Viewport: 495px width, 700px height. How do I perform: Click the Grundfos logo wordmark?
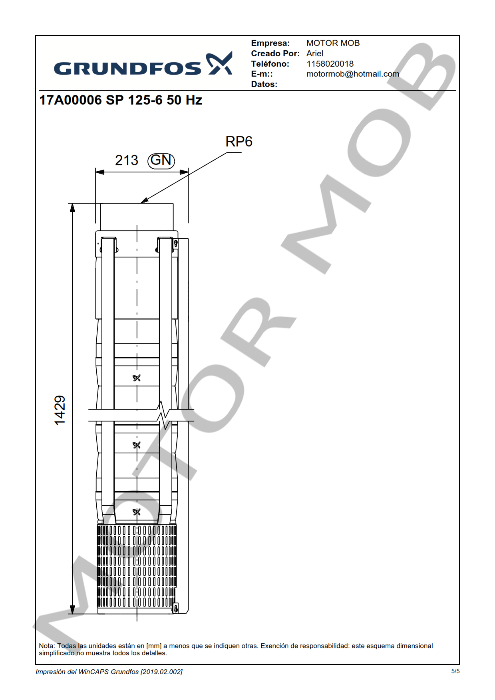tap(127, 69)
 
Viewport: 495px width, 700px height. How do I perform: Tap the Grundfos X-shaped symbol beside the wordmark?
tap(219, 63)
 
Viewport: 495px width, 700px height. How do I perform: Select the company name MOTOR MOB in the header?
tap(333, 43)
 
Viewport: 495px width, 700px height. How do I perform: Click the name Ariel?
tap(315, 53)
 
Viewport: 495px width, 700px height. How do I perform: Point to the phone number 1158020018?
tap(330, 64)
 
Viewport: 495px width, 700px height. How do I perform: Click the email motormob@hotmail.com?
tap(353, 74)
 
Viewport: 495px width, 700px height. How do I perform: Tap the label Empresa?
tap(270, 43)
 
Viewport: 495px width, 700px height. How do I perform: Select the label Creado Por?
tap(275, 53)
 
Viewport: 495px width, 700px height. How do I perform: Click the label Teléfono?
tap(270, 64)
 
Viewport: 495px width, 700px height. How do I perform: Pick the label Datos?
tap(264, 84)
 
